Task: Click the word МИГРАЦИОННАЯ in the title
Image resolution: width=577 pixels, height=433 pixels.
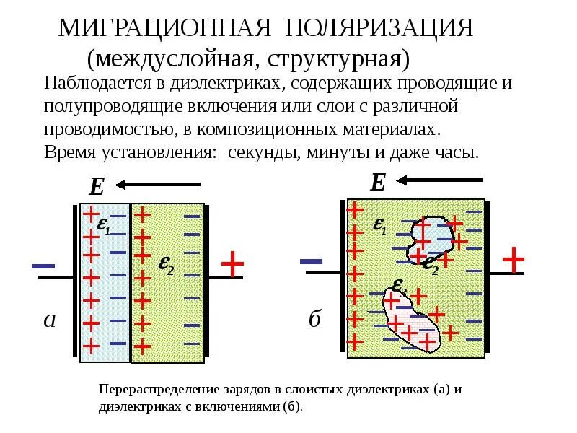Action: pos(164,29)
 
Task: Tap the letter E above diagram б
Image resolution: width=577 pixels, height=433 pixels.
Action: pos(377,183)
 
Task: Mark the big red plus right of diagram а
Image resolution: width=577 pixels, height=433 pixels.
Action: pos(232,265)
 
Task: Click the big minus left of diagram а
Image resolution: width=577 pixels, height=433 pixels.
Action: pos(44,267)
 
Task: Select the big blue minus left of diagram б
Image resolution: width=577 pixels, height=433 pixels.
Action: pos(311,261)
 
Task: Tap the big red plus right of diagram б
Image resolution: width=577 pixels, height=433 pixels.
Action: pos(513,260)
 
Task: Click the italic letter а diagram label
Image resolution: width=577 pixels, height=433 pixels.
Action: pos(49,320)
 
